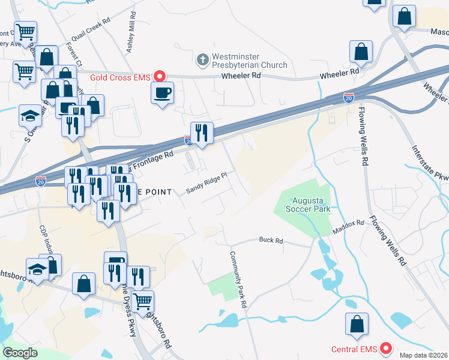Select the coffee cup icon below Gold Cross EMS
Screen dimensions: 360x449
[162, 94]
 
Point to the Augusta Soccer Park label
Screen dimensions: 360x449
[310, 206]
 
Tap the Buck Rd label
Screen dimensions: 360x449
[271, 240]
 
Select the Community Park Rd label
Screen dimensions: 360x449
[238, 280]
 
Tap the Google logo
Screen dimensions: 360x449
[20, 353]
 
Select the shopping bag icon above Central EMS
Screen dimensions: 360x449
[357, 324]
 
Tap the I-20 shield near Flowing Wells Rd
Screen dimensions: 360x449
[349, 97]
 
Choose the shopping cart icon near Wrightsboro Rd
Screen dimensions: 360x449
[142, 301]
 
